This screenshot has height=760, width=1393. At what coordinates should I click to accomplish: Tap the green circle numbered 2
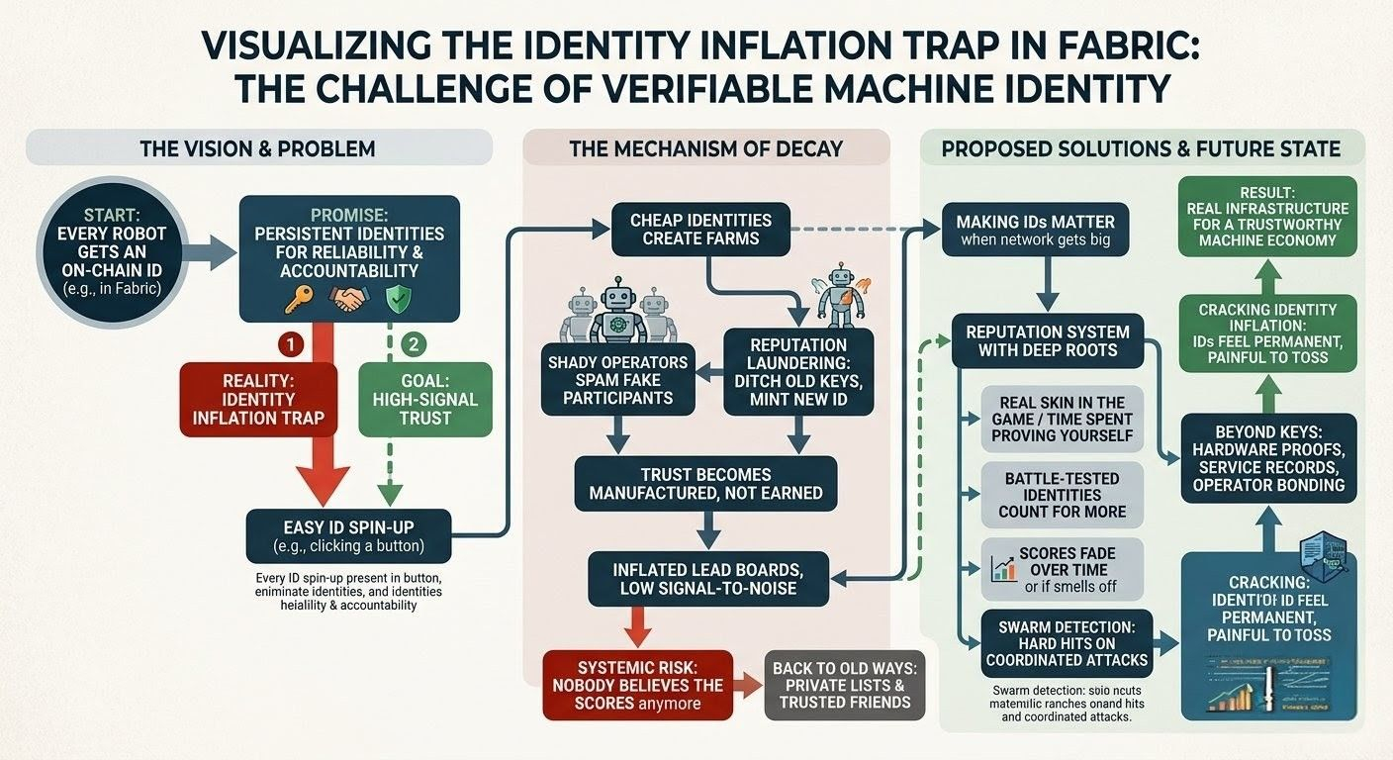[414, 344]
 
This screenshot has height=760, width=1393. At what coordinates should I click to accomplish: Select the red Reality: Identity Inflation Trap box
[259, 399]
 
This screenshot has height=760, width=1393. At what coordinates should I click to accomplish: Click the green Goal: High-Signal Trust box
[425, 399]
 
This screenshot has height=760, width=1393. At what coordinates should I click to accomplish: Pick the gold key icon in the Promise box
[295, 300]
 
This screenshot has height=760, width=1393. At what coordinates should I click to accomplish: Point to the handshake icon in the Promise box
[348, 300]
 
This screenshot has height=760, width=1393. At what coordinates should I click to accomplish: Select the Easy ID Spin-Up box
[348, 535]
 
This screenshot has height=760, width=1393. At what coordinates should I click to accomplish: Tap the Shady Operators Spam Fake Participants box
[616, 380]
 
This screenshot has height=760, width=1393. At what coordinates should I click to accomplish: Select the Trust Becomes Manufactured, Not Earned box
[706, 484]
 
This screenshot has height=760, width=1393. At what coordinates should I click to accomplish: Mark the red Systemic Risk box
[637, 684]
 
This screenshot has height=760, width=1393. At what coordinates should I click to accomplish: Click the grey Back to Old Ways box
[844, 684]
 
